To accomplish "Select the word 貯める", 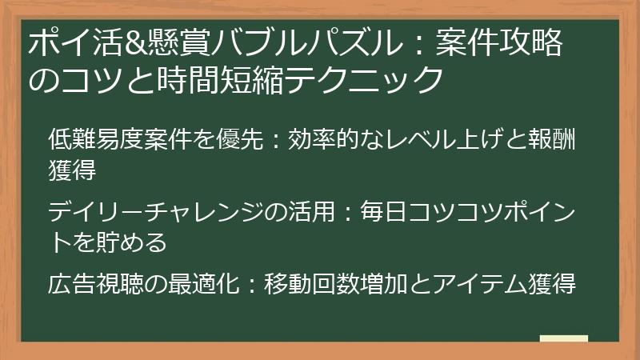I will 131,241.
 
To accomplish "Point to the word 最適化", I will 215,284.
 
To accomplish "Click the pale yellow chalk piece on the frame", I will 563,340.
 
